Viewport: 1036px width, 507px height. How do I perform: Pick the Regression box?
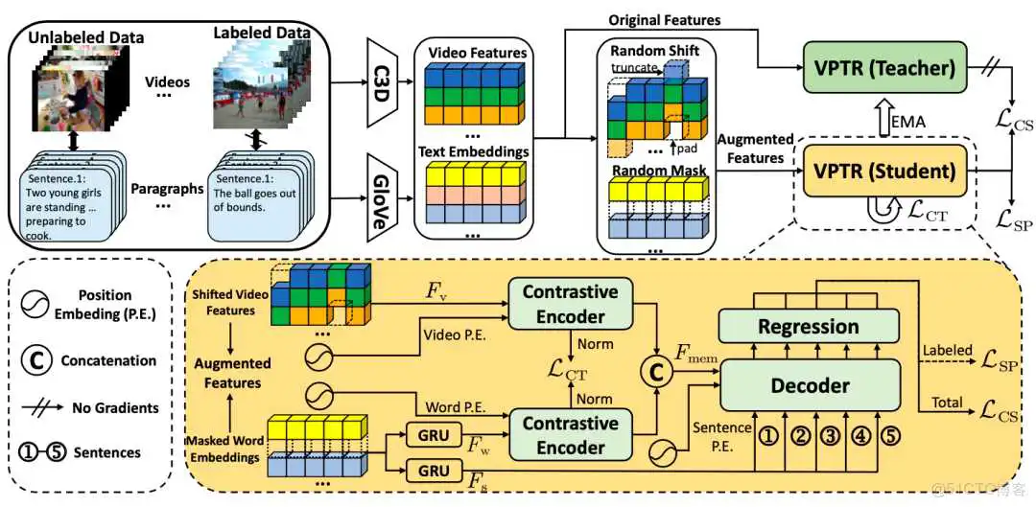[809, 327]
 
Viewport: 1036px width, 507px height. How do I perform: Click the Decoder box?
[810, 385]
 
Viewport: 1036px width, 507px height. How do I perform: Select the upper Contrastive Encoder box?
[570, 303]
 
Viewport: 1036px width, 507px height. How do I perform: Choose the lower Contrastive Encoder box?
[570, 434]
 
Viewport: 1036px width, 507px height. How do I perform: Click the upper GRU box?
[432, 436]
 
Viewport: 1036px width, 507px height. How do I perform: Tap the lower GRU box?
[432, 470]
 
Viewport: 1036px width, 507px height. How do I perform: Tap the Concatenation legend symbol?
[36, 361]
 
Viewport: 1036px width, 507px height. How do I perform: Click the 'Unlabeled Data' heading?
[85, 37]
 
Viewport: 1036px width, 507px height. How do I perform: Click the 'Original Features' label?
[665, 19]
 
